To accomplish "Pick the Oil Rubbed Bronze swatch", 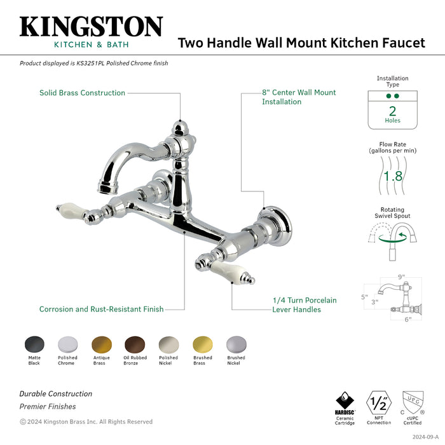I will pyautogui.click(x=135, y=344).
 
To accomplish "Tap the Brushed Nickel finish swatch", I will pyautogui.click(x=236, y=344).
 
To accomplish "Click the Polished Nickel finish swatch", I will pyautogui.click(x=168, y=344).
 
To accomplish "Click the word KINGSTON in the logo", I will pyautogui.click(x=91, y=27).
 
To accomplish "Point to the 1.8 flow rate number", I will pyautogui.click(x=393, y=176).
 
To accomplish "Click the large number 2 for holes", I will pyautogui.click(x=392, y=109).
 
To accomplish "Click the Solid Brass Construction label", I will pyautogui.click(x=82, y=93).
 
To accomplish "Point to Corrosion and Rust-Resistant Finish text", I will pyautogui.click(x=101, y=309).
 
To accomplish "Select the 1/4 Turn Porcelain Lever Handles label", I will pyautogui.click(x=304, y=305).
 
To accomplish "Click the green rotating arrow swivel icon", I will pyautogui.click(x=392, y=238).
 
